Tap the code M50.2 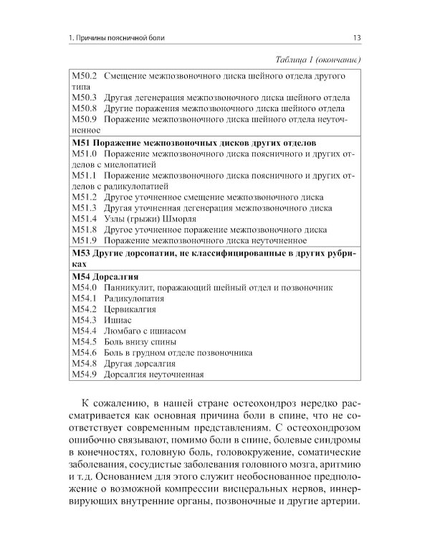[86, 75]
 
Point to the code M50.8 [86, 108]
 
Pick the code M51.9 [86, 240]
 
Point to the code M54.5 [86, 341]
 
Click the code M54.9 [86, 374]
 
